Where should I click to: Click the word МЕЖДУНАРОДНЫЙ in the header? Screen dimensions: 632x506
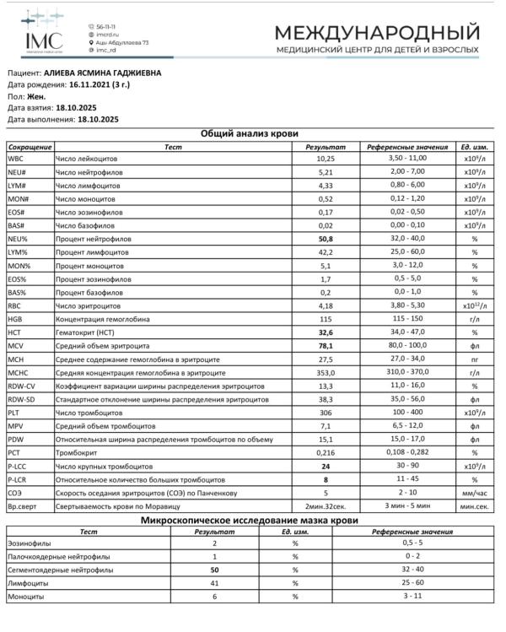pyautogui.click(x=378, y=32)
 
